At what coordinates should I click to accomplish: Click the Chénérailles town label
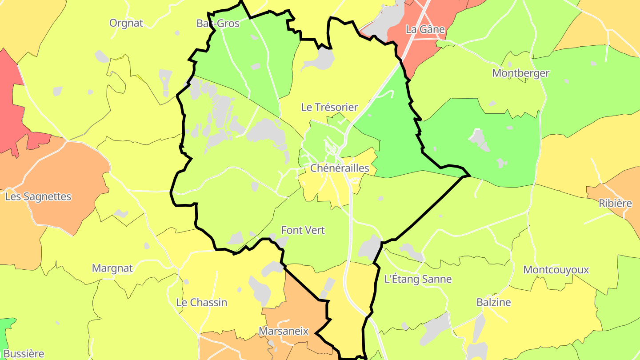click(x=340, y=168)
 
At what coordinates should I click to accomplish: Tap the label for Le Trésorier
click(x=329, y=107)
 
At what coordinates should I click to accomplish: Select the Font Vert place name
click(x=303, y=230)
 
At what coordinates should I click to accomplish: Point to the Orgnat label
click(x=126, y=23)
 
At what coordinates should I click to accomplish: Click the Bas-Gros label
click(x=218, y=24)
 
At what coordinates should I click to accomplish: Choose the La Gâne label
click(x=425, y=29)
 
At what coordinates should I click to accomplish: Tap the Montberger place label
click(x=520, y=73)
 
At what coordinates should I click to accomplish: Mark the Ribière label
click(x=615, y=204)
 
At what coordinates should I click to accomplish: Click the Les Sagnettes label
click(x=38, y=196)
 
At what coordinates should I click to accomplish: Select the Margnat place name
click(x=112, y=268)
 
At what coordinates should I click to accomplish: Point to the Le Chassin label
click(x=202, y=303)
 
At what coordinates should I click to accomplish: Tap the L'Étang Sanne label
click(x=418, y=280)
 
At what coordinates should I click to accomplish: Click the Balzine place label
click(x=493, y=303)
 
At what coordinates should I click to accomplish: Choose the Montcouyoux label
click(x=556, y=270)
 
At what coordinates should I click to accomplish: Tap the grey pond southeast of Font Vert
click(x=369, y=248)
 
